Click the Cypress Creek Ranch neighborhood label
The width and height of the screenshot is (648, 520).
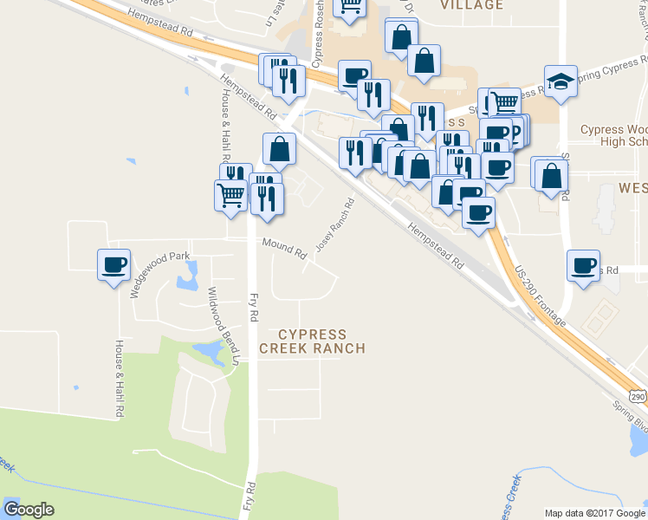coord(312,341)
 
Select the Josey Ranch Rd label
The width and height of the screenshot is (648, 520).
coord(335,226)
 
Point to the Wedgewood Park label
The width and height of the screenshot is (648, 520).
coord(159,275)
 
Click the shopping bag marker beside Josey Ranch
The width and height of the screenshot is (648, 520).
coord(280,150)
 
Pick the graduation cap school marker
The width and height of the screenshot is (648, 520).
coord(561,81)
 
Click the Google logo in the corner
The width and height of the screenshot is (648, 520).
coord(29,510)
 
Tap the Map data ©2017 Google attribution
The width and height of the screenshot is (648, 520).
coord(594,513)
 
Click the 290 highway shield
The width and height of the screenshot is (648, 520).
coord(638,396)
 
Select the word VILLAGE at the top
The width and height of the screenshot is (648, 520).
coord(471,5)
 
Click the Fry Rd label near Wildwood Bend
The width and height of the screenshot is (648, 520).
coord(254,308)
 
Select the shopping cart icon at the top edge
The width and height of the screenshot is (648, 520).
coord(350,7)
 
